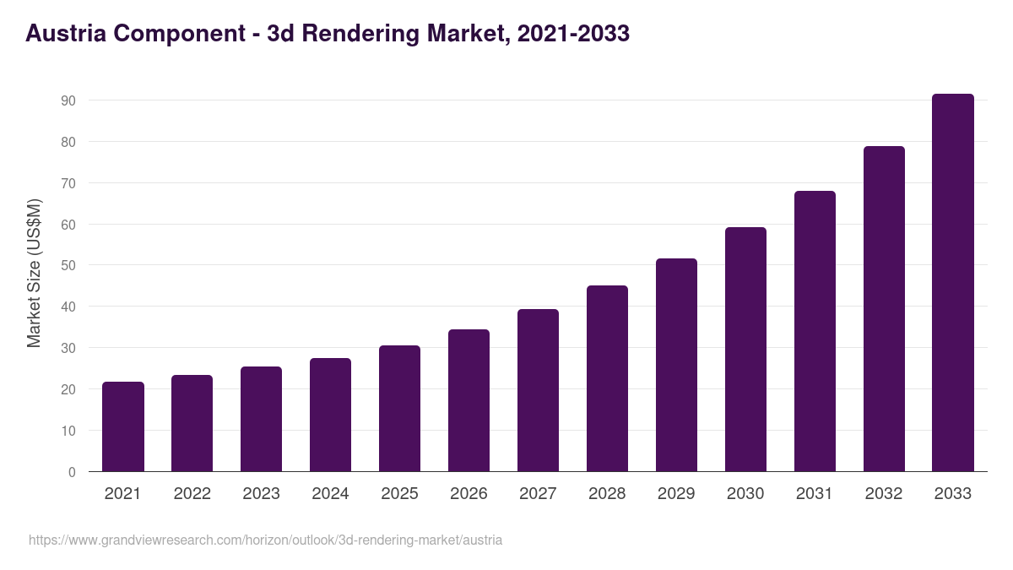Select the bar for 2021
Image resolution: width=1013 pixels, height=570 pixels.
point(123,427)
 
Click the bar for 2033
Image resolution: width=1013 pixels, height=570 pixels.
point(953,283)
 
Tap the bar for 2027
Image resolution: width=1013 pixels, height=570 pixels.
point(538,390)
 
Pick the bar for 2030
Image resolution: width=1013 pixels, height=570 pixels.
point(745,350)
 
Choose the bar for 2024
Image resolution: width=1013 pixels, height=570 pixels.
point(330,415)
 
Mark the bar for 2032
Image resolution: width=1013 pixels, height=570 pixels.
point(884,309)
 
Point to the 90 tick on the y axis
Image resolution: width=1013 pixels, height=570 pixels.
point(68,100)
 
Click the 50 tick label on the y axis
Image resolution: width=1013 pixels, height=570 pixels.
point(68,265)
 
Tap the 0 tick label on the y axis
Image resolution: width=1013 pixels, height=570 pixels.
point(72,472)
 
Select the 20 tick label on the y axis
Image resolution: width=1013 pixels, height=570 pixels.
point(68,389)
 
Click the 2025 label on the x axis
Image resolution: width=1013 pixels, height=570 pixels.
point(399,494)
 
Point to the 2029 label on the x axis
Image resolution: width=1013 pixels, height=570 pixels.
point(676,494)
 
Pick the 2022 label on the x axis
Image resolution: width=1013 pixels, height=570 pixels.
point(192,494)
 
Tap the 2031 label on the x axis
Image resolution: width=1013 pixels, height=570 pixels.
point(815,494)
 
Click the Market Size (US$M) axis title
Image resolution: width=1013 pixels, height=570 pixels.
point(34,273)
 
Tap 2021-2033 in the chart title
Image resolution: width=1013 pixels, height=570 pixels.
point(574,34)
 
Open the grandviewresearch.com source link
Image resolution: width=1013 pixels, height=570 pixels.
point(265,540)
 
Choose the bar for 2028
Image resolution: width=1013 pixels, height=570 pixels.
point(607,378)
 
